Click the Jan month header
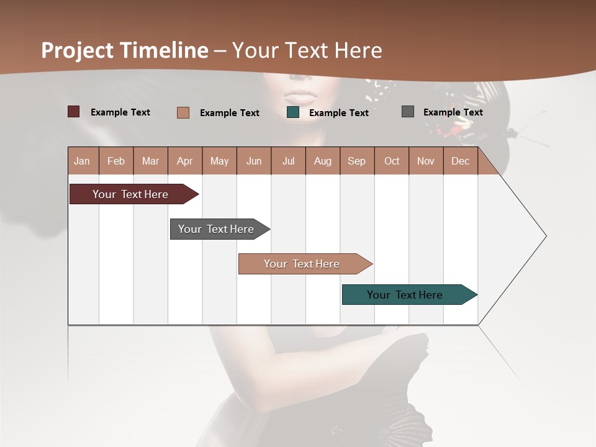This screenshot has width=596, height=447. (83, 161)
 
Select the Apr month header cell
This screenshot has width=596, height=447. (185, 161)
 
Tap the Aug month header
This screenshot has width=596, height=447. (323, 161)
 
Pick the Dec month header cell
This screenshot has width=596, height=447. (461, 161)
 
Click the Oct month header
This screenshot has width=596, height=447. (392, 161)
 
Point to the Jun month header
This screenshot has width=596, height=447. (254, 161)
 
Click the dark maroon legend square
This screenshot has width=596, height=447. (73, 112)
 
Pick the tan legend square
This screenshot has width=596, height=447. (183, 112)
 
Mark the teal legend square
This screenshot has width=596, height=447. (293, 112)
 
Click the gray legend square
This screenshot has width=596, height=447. (407, 112)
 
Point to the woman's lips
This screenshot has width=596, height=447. (300, 97)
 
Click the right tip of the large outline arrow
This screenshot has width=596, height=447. (546, 236)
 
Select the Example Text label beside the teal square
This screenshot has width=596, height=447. (339, 113)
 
